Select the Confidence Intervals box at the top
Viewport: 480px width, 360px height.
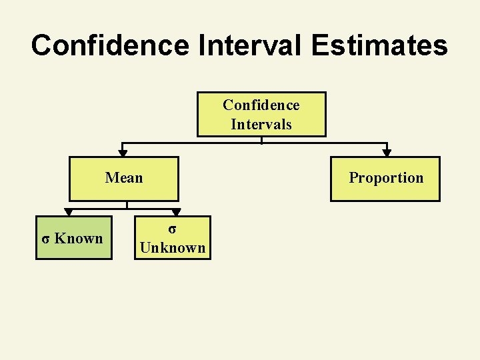(261, 114)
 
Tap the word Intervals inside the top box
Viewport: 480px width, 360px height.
(261, 124)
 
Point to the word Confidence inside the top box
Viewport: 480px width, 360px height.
(261, 105)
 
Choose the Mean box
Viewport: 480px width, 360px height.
(124, 179)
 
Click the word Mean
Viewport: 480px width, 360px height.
(124, 177)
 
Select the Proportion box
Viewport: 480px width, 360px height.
(385, 179)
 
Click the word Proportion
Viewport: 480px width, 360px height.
(386, 177)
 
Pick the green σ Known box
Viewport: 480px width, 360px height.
(73, 238)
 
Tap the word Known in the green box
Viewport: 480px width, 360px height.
(79, 238)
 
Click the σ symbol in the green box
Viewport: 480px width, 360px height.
(45, 239)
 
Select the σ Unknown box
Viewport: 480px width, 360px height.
(172, 238)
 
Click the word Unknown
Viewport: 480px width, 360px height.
(172, 247)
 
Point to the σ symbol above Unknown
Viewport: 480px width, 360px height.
(172, 229)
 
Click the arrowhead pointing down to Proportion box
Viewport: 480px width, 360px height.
(387, 153)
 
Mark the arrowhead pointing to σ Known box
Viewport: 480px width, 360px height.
(68, 213)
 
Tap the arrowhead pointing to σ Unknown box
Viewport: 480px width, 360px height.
(176, 213)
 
